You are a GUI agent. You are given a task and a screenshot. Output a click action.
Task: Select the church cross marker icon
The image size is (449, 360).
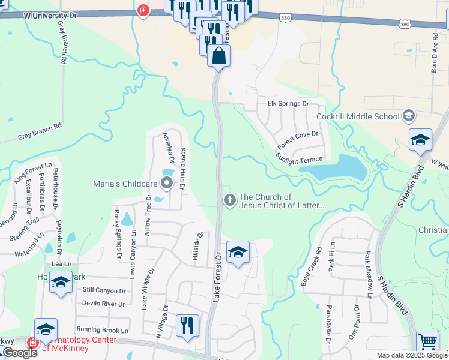coord(229,201)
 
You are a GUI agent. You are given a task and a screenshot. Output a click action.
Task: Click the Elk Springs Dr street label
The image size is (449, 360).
coord(288,104)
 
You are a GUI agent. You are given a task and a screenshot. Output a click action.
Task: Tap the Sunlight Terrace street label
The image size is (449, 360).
coord(299,158)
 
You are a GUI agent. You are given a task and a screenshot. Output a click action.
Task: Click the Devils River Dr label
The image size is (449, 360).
coord(103,304)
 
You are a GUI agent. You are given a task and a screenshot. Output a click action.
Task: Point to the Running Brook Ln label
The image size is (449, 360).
coord(103,330)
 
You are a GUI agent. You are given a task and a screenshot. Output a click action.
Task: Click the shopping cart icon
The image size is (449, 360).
coord(427,341)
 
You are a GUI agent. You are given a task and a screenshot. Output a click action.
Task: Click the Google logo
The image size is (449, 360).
coord(20,353)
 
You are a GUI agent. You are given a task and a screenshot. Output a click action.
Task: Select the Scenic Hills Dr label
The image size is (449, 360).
coord(183,168)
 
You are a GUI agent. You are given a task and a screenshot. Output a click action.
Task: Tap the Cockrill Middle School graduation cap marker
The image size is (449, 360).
coord(408,115)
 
